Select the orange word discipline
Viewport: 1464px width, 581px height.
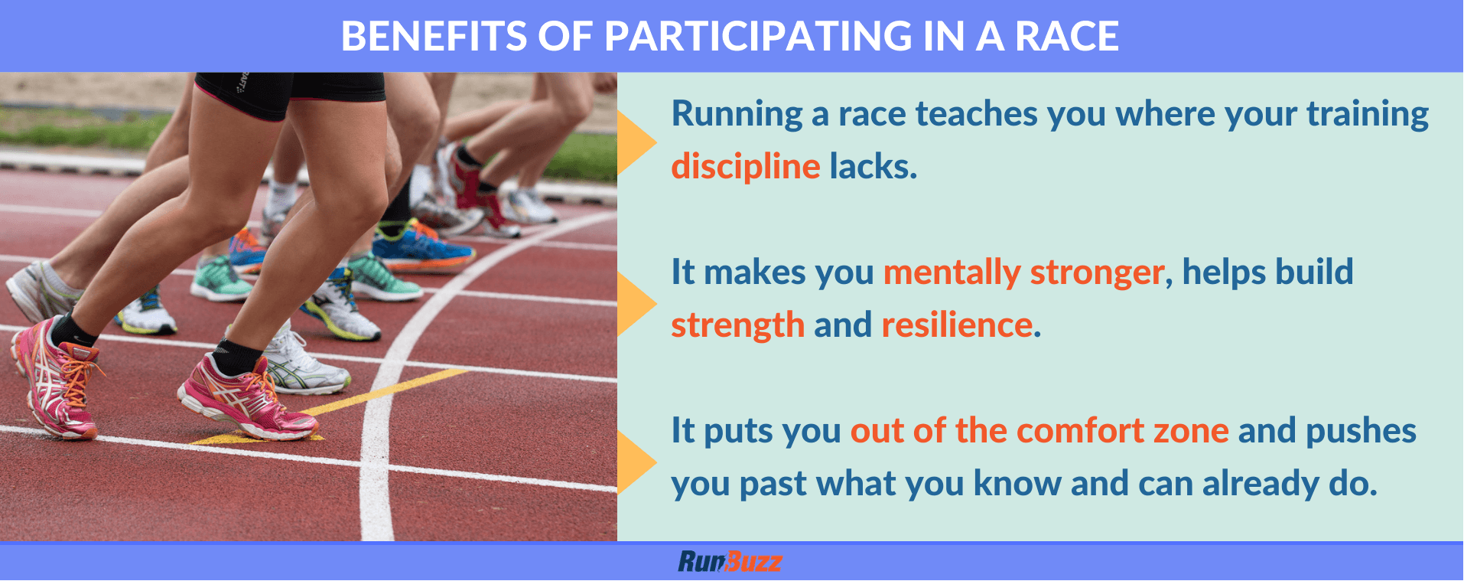[x=746, y=166]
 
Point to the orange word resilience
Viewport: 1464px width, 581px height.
[x=957, y=325]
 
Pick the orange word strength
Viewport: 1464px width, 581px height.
[x=738, y=325]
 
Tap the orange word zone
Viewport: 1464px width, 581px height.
[x=1191, y=430]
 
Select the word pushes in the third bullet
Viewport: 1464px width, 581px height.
[x=1361, y=431]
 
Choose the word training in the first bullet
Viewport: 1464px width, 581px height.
[x=1367, y=115]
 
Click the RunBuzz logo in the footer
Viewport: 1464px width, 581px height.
[x=730, y=562]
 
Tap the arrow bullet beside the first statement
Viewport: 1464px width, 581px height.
[x=635, y=142]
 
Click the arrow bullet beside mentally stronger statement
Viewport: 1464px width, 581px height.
[x=635, y=304]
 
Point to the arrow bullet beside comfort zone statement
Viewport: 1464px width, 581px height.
[x=635, y=462]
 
